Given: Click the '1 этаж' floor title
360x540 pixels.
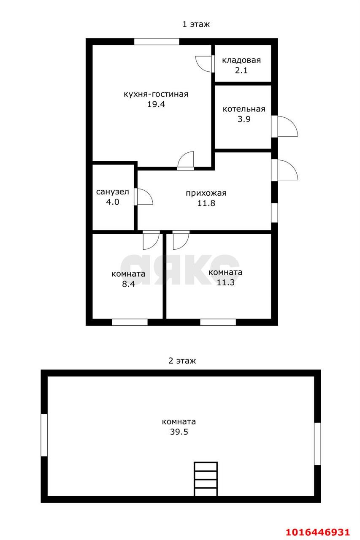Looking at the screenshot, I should [x=195, y=24].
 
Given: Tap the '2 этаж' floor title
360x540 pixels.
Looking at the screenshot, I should [x=182, y=361].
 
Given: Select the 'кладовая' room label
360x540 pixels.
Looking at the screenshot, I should [x=241, y=60].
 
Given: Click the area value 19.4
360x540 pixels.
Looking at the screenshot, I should [x=155, y=104].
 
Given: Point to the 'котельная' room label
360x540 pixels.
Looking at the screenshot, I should [x=244, y=109].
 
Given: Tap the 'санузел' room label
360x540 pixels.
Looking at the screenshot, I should [x=112, y=192].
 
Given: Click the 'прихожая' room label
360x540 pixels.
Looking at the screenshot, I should [x=206, y=193].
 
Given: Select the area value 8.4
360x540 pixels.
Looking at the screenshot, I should [x=128, y=284].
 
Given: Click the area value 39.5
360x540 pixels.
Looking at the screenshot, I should [x=179, y=432].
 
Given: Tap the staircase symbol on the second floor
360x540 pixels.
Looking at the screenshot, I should [x=206, y=479].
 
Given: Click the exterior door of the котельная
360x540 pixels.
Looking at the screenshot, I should [x=285, y=126].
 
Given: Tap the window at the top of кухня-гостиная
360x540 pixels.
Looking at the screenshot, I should [x=157, y=41].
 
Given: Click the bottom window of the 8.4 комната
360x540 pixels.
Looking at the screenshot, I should [x=130, y=322].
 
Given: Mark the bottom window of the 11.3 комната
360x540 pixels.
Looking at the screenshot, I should [x=218, y=322].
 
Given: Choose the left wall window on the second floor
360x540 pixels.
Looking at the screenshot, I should [x=44, y=435].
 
